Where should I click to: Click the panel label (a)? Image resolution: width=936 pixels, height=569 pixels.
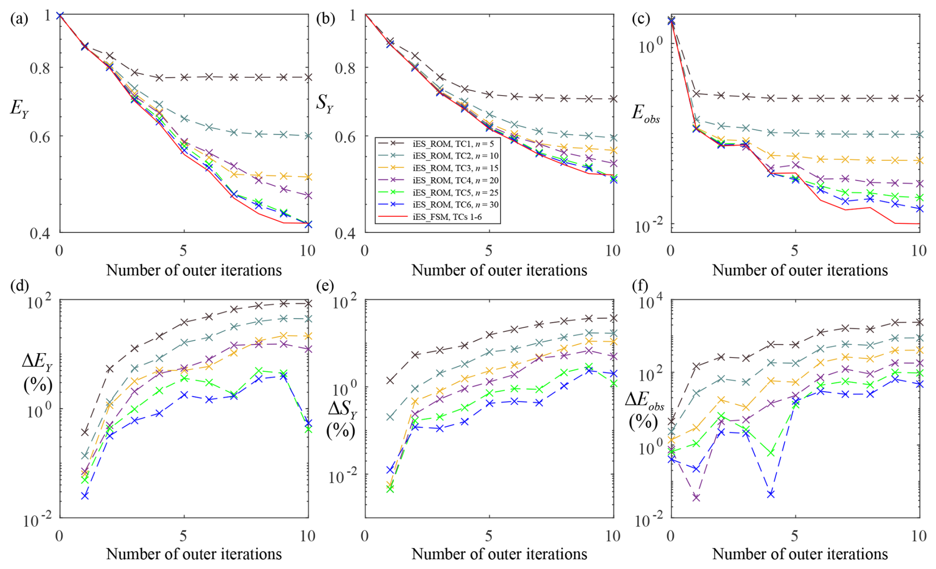tap(19, 19)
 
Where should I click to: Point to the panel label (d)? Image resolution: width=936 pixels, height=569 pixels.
tap(19, 286)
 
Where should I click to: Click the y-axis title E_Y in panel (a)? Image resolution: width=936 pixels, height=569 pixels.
tap(19, 108)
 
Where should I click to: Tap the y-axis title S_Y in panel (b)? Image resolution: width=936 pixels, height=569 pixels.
tap(324, 103)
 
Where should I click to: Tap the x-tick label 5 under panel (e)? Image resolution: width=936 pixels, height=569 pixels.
tap(489, 536)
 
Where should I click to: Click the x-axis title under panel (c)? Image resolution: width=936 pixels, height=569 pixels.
tap(799, 270)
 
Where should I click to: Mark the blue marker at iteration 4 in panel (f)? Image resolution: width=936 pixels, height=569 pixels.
tap(770, 494)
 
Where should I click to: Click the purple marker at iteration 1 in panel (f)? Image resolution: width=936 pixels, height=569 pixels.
tap(696, 498)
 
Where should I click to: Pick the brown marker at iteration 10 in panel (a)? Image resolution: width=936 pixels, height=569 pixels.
tap(308, 77)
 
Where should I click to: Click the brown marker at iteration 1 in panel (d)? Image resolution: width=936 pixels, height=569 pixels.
tap(85, 432)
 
